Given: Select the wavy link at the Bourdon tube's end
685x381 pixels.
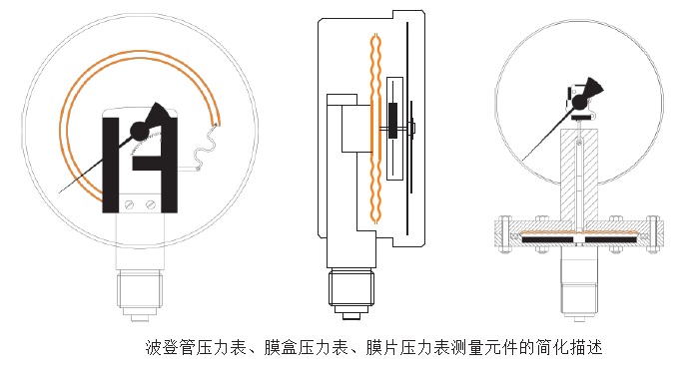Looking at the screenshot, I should [x=205, y=150].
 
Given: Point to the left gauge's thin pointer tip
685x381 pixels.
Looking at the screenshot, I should [x=62, y=191].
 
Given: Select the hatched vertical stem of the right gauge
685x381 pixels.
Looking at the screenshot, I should [x=578, y=175].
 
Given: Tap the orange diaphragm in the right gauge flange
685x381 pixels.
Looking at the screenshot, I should [x=578, y=235].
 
